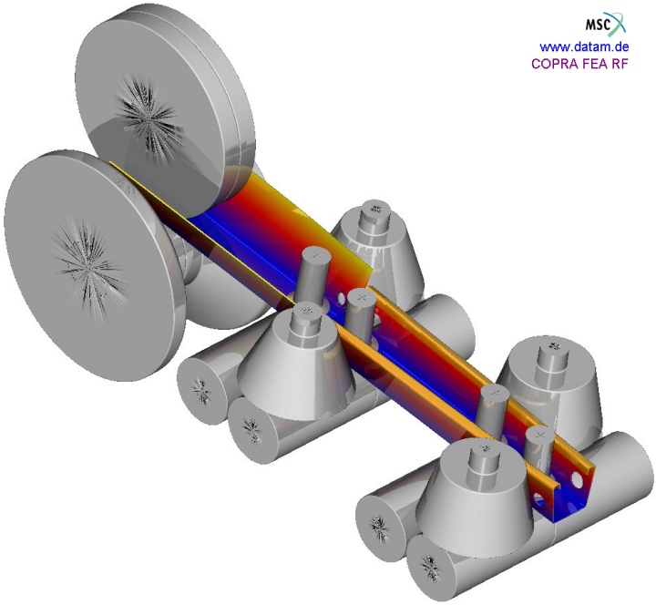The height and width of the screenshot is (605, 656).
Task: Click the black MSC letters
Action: (599, 26)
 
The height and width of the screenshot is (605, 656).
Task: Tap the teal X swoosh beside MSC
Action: (619, 23)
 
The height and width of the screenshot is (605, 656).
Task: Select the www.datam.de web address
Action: (584, 46)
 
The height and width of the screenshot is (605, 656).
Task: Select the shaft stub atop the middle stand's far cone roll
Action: (375, 216)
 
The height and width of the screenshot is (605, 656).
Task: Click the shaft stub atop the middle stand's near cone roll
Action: (308, 320)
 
